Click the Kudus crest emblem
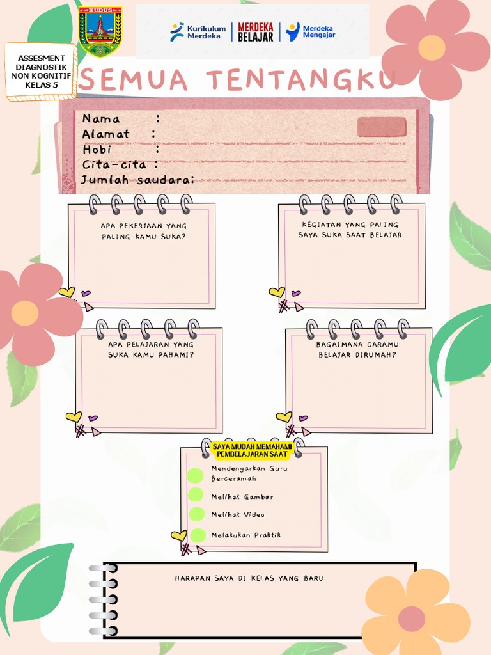click(x=100, y=31)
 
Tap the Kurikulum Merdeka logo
click(x=198, y=32)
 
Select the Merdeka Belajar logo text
click(x=256, y=32)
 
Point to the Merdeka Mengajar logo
click(x=311, y=32)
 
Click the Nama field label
click(x=101, y=118)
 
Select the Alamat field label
click(x=105, y=134)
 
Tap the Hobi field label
click(x=97, y=149)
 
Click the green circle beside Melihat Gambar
click(x=196, y=494)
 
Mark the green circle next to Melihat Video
click(x=196, y=514)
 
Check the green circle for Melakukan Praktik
click(x=198, y=535)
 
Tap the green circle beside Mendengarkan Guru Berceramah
click(x=195, y=475)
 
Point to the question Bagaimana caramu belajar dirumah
click(x=357, y=349)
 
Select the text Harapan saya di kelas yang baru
click(x=249, y=578)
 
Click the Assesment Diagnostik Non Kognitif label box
click(x=41, y=71)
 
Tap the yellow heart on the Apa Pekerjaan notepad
click(x=66, y=292)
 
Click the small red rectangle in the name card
click(x=382, y=127)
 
